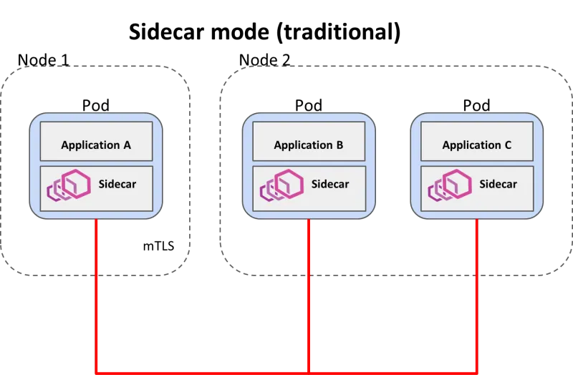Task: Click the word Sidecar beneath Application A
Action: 117,184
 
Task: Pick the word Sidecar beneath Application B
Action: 330,184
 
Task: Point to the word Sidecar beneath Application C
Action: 498,184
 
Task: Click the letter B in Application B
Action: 340,145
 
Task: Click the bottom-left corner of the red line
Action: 96,371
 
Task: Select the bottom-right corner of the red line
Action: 476,371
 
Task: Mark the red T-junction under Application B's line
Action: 309,371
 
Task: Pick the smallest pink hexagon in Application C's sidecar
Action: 433,191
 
